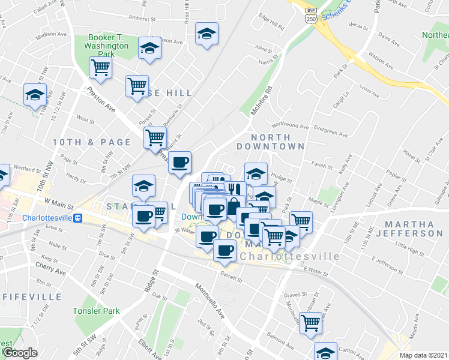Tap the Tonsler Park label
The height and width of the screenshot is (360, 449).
coord(96,311)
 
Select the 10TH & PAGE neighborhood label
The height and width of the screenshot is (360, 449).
coord(91,142)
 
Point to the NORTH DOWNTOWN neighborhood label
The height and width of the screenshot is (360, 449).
coord(270,142)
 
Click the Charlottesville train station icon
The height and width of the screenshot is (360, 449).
coord(77,218)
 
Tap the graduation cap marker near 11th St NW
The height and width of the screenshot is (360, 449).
coord(35,94)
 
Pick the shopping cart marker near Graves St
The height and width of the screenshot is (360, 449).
coord(310,322)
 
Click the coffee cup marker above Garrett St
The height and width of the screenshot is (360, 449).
coord(224,250)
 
